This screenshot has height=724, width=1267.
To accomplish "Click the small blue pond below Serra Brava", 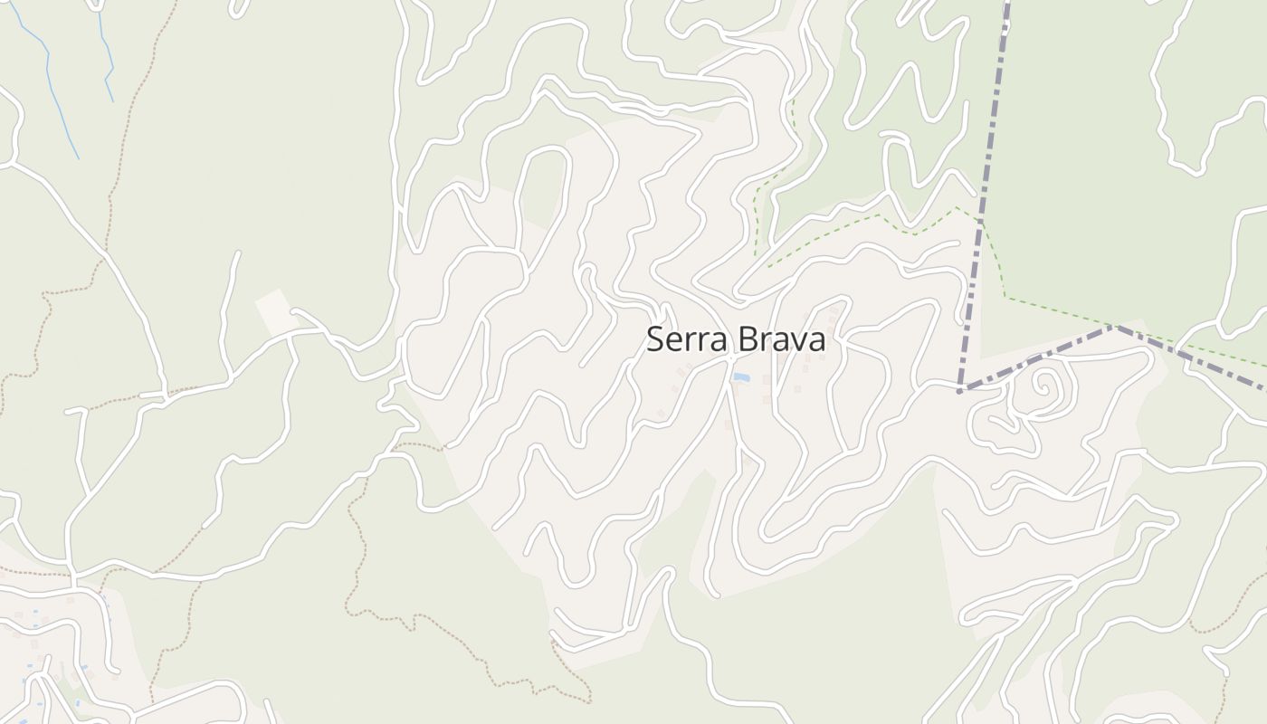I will click(x=741, y=376).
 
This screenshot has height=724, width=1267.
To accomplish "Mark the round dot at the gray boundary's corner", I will click(x=959, y=391).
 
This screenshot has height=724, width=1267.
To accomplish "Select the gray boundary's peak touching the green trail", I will click(x=1118, y=327).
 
